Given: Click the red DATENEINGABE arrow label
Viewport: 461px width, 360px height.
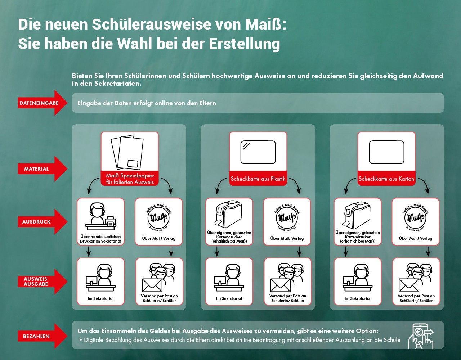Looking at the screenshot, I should pyautogui.click(x=39, y=103).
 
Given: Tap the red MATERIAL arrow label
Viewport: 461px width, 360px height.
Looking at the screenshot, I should pyautogui.click(x=36, y=169).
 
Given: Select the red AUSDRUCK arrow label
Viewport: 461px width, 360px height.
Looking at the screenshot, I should pyautogui.click(x=36, y=222).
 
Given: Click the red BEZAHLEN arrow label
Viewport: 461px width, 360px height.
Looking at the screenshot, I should pyautogui.click(x=36, y=336).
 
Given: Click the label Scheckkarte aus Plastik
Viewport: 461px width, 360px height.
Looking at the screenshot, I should pyautogui.click(x=258, y=179).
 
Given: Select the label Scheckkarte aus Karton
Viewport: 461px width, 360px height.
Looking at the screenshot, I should pyautogui.click(x=386, y=179).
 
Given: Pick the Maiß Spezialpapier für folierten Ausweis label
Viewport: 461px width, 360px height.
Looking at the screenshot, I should pyautogui.click(x=130, y=179).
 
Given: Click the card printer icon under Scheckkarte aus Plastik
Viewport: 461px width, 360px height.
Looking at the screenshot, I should pyautogui.click(x=229, y=215).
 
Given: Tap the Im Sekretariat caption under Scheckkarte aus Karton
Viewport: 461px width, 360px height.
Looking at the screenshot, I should pyautogui.click(x=358, y=298).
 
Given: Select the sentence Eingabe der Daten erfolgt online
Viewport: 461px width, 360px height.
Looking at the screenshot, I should pyautogui.click(x=147, y=103).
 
